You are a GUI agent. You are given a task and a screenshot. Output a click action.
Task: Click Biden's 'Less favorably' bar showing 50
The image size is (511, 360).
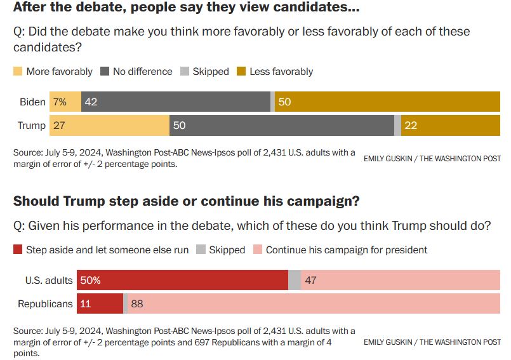point(396,102)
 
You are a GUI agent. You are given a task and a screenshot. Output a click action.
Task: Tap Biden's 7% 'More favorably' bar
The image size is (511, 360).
point(66,102)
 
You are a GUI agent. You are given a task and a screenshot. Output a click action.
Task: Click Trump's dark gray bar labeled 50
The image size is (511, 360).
point(282,125)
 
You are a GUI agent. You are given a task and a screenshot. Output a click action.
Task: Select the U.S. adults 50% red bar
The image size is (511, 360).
point(183,280)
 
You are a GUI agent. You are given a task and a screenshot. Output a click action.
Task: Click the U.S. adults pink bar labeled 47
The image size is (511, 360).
point(401,280)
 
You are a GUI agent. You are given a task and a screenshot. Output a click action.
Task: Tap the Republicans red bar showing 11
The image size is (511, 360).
point(100,303)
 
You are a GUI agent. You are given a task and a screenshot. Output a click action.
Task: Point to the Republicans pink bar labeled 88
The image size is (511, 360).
point(314,303)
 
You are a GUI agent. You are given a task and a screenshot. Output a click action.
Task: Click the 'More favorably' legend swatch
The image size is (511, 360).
point(18,71)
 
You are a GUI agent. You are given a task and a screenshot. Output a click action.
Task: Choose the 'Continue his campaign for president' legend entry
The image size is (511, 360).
point(346,250)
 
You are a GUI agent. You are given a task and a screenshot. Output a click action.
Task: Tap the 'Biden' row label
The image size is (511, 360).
point(32,102)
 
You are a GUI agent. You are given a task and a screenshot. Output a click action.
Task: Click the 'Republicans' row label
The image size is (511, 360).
point(45,303)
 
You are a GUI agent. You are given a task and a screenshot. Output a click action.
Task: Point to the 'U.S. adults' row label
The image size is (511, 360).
point(49,280)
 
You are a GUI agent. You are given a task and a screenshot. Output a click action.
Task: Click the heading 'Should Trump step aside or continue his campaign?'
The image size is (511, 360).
point(187,201)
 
